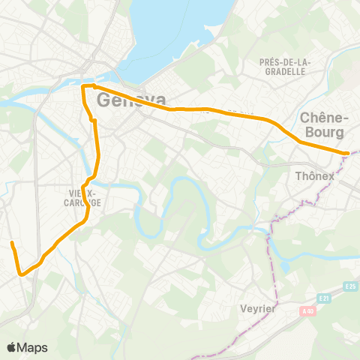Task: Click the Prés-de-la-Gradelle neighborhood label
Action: click(x=284, y=67)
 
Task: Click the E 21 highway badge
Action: click(x=323, y=299)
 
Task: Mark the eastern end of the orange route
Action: click(x=346, y=153)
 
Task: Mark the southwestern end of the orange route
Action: click(x=12, y=243)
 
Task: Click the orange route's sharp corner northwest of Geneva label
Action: click(x=82, y=87)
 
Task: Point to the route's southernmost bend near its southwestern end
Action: click(x=22, y=274)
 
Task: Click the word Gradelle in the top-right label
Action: click(x=284, y=72)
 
